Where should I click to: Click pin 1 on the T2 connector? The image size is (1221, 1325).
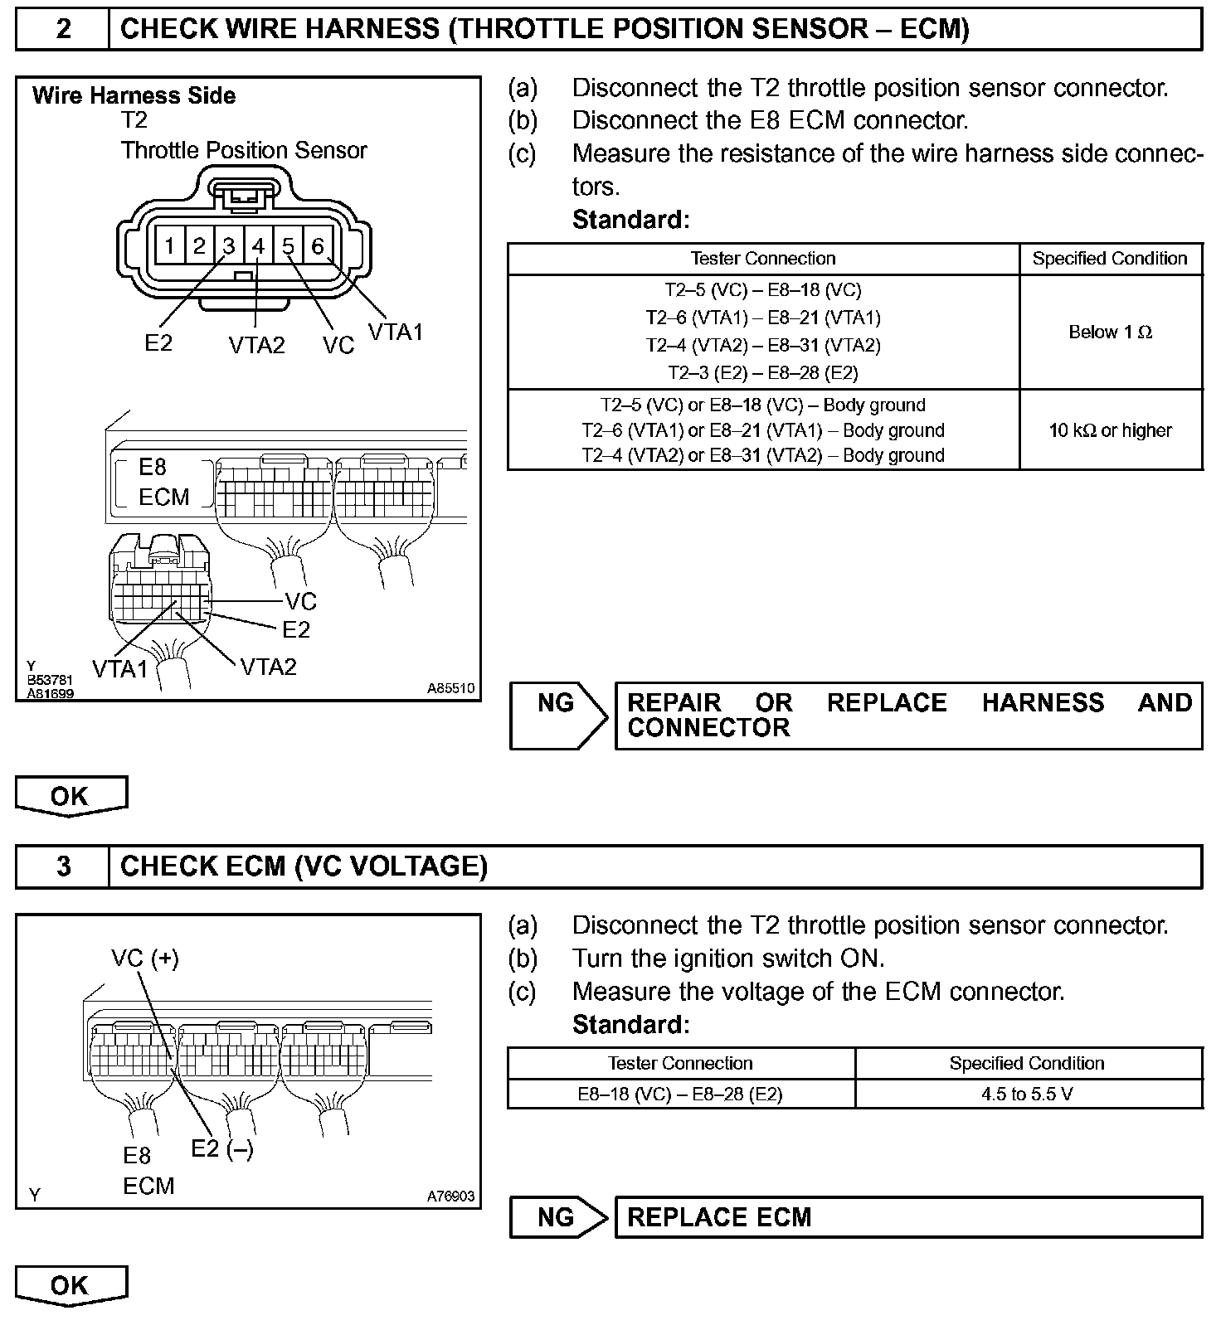(169, 246)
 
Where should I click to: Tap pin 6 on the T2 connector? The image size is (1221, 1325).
(318, 246)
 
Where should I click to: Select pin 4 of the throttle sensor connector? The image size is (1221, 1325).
(259, 246)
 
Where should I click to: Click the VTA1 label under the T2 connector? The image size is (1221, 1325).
(396, 332)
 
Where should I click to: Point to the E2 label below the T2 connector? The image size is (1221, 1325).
(158, 342)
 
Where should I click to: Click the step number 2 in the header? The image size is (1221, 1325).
(63, 29)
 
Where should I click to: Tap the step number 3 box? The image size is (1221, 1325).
(63, 866)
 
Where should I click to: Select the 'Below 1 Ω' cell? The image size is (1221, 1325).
(1110, 332)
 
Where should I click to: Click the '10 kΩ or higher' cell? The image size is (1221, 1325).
(1110, 430)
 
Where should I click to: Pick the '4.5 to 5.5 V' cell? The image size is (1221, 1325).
(1027, 1094)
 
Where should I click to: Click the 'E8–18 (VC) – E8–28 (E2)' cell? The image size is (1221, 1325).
(680, 1094)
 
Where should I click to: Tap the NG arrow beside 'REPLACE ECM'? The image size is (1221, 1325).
(559, 1217)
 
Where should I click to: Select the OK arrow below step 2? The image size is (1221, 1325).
(71, 796)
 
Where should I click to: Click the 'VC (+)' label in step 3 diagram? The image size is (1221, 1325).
(145, 959)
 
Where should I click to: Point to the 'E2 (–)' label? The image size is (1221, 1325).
(222, 1148)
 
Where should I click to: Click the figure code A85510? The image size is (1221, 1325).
(450, 688)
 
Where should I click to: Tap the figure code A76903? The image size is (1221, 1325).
(450, 1196)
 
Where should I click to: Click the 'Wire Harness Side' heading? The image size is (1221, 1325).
(134, 95)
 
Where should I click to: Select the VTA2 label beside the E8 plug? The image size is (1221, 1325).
(268, 667)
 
